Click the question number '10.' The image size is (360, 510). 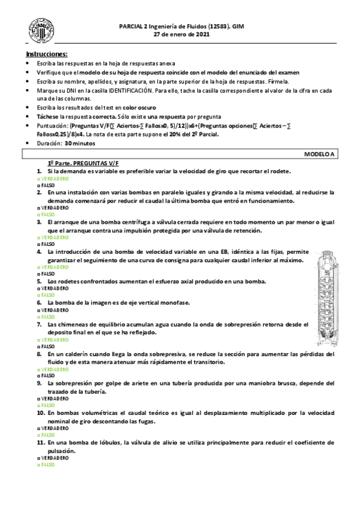(40, 414)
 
